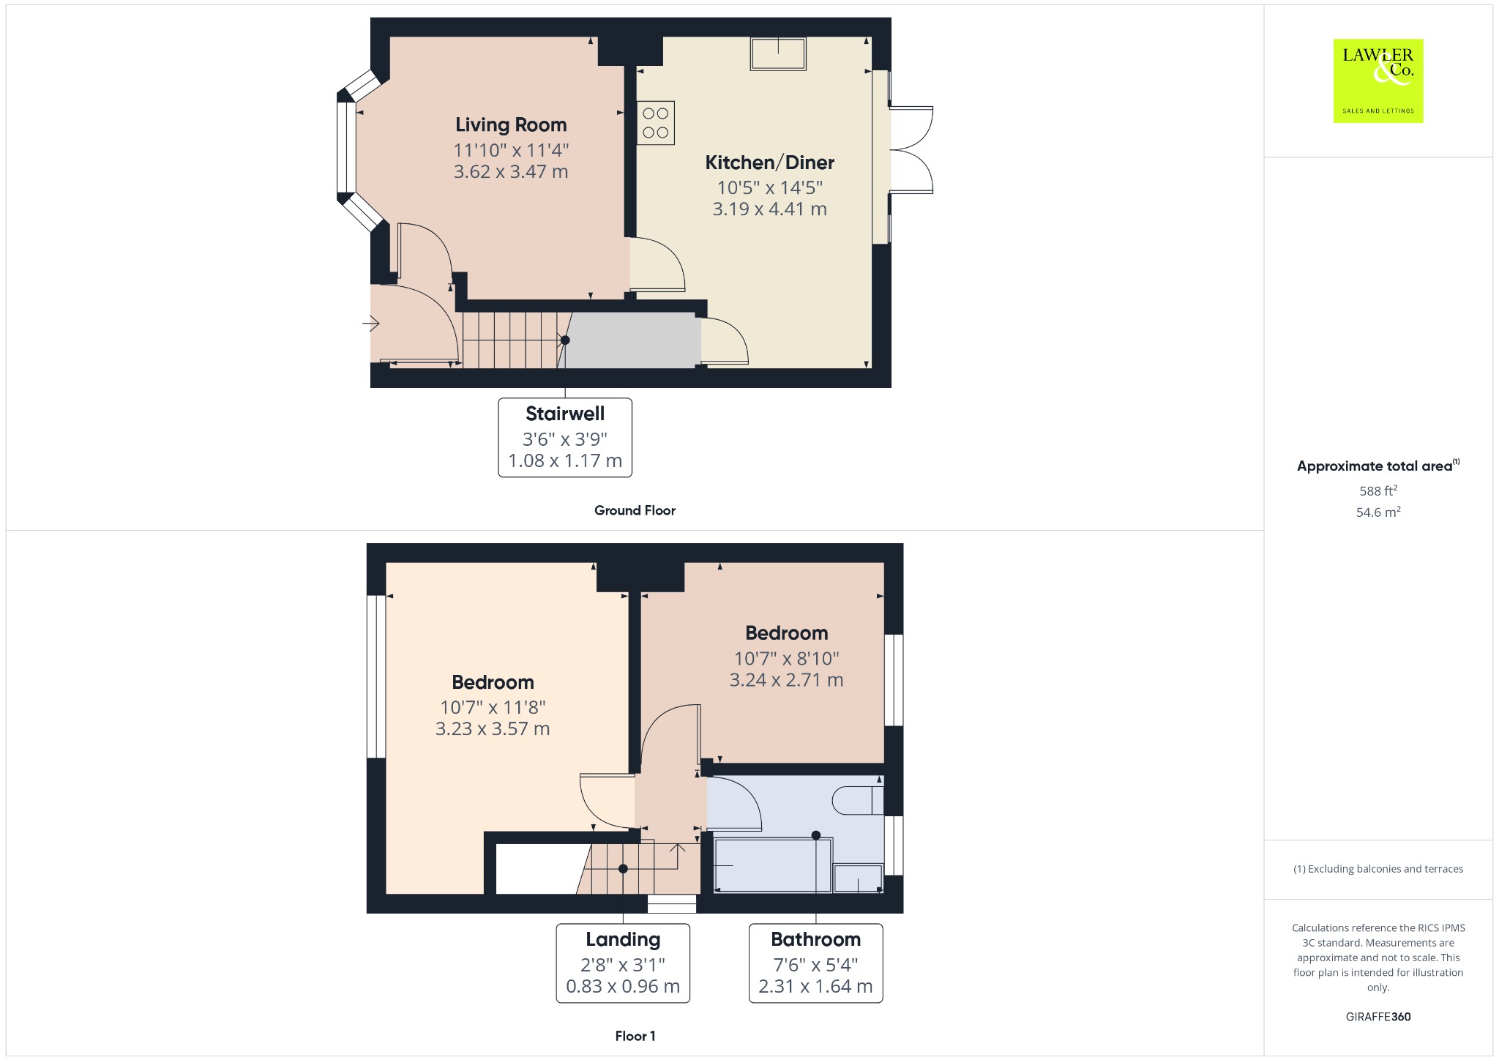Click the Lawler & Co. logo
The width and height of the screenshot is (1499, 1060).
click(x=1378, y=81)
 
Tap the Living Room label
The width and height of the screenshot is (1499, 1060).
click(x=511, y=125)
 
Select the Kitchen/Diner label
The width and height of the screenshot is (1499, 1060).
click(x=769, y=163)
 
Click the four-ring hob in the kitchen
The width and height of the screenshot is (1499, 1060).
click(x=655, y=123)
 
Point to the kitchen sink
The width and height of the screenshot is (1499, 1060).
click(x=778, y=53)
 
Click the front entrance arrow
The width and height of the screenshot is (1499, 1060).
click(x=371, y=323)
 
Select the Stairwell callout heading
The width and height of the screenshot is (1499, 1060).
click(x=565, y=414)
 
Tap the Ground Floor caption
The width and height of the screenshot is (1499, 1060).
click(x=635, y=510)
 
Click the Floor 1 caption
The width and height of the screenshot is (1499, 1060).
click(x=635, y=1036)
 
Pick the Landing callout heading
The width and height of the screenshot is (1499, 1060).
click(x=623, y=939)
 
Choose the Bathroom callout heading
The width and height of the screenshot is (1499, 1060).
click(x=815, y=939)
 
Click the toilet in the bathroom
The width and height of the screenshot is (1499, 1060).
click(x=858, y=800)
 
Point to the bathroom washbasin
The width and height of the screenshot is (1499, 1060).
click(x=858, y=878)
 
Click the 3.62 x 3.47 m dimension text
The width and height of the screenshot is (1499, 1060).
click(x=511, y=171)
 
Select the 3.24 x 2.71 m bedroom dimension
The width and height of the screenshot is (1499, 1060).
click(x=786, y=680)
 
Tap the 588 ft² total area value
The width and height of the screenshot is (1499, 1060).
click(x=1378, y=490)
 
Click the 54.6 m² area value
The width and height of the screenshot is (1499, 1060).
click(x=1378, y=512)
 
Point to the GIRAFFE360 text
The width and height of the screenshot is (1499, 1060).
click(x=1378, y=1017)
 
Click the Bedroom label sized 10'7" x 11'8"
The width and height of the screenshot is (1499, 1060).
click(x=493, y=682)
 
